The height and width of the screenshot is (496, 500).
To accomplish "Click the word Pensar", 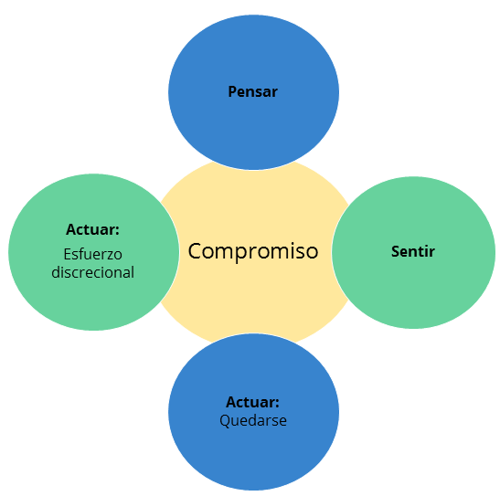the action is pyautogui.click(x=253, y=91).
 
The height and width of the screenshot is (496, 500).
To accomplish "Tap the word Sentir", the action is pyautogui.click(x=413, y=251).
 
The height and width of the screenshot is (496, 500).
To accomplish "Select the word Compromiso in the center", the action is pyautogui.click(x=253, y=252).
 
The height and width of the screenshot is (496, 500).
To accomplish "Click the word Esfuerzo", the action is pyautogui.click(x=93, y=254).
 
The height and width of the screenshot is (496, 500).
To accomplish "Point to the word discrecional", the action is pyautogui.click(x=93, y=272).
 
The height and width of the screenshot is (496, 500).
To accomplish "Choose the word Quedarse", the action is pyautogui.click(x=253, y=420).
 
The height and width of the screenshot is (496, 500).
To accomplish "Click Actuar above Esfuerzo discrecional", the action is pyautogui.click(x=92, y=229).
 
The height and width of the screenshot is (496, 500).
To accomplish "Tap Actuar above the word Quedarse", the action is pyautogui.click(x=252, y=402).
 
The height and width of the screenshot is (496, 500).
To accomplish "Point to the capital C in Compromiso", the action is pyautogui.click(x=195, y=251).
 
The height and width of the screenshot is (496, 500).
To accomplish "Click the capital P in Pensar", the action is pyautogui.click(x=232, y=91).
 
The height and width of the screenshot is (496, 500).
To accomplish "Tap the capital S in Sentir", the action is pyautogui.click(x=396, y=251).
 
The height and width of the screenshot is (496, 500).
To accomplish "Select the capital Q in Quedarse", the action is pyautogui.click(x=225, y=421).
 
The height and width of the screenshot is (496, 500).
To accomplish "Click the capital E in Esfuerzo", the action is pyautogui.click(x=68, y=254).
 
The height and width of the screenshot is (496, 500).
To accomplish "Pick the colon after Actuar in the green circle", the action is pyautogui.click(x=117, y=231).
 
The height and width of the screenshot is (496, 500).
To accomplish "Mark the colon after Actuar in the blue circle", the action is pyautogui.click(x=277, y=404).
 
